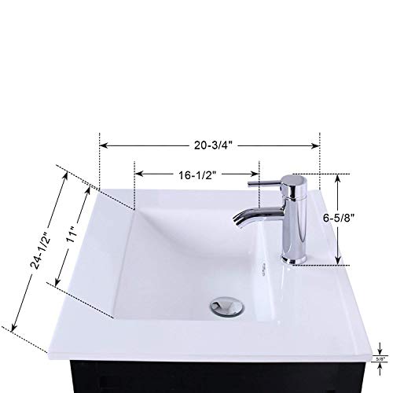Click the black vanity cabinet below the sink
pos(196,383)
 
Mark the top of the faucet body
pos(296,178)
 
